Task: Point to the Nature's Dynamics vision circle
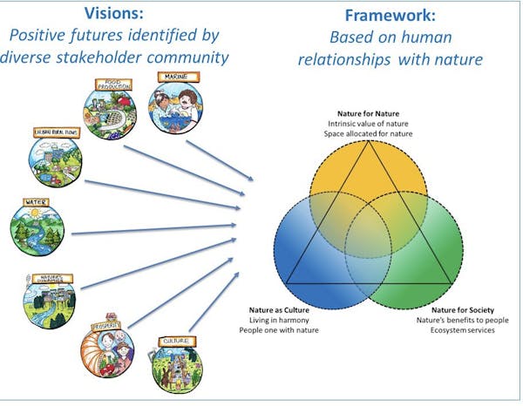[x=50, y=299]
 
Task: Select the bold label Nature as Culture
[x=272, y=310]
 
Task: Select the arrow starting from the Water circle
[x=157, y=230]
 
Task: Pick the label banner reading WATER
[x=37, y=202]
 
